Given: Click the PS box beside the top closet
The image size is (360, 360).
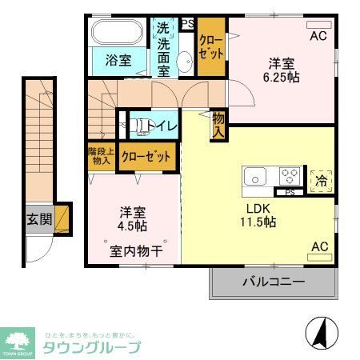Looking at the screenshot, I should (x=188, y=24).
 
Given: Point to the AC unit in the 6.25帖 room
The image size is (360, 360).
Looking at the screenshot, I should (x=319, y=25).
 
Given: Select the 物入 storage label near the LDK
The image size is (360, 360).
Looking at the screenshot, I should (x=218, y=125).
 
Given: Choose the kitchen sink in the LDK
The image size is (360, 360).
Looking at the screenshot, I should (x=256, y=177).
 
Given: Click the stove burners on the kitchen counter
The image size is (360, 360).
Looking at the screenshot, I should (x=290, y=177).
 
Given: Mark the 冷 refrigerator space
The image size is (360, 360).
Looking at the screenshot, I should (x=321, y=180).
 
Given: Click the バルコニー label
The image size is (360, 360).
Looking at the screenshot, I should (x=272, y=282).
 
